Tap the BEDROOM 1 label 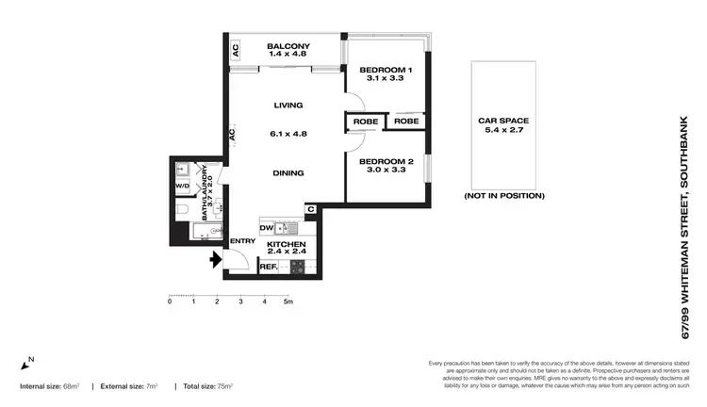pyautogui.click(x=385, y=71)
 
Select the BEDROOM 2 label pyautogui.click(x=385, y=161)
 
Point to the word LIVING pyautogui.click(x=288, y=105)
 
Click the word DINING pyautogui.click(x=288, y=172)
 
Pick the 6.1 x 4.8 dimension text pyautogui.click(x=288, y=134)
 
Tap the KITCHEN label pyautogui.click(x=288, y=244)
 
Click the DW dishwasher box pyautogui.click(x=267, y=228)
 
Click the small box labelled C pyautogui.click(x=309, y=210)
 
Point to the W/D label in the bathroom pyautogui.click(x=182, y=187)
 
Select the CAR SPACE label pyautogui.click(x=502, y=121)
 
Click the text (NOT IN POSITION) pyautogui.click(x=504, y=196)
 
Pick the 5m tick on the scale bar pyautogui.click(x=288, y=301)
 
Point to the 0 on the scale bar pyautogui.click(x=170, y=301)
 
